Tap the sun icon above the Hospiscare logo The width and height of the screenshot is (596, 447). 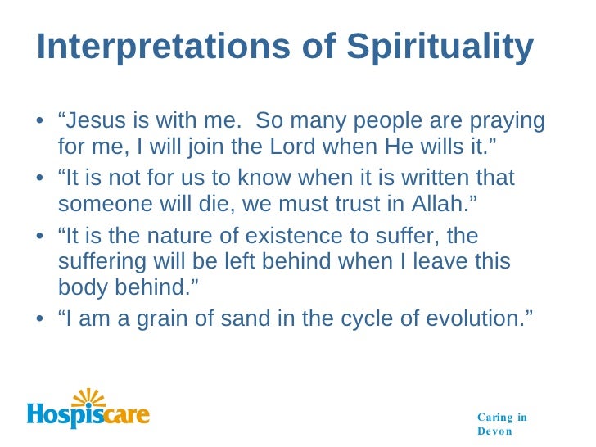[x=87, y=399]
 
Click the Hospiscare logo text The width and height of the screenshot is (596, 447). [x=88, y=415]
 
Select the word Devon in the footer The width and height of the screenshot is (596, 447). [x=496, y=431]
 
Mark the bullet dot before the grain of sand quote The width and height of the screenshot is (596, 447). [x=41, y=320]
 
